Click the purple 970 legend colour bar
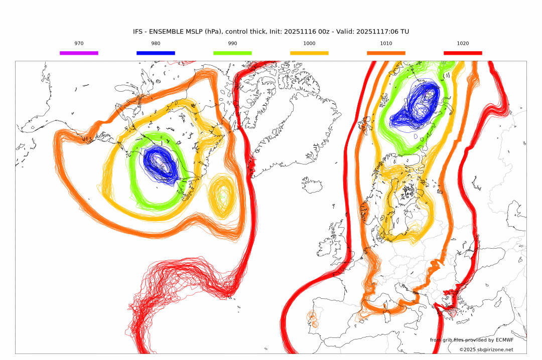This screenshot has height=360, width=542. [x=79, y=53]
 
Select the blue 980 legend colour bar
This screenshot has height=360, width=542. [x=156, y=53]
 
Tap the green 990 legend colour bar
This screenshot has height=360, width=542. [x=232, y=53]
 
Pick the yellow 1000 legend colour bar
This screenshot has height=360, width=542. [x=309, y=53]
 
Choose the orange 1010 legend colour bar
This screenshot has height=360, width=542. [x=386, y=53]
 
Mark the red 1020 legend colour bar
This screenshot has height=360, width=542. [x=463, y=53]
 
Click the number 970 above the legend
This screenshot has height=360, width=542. [x=79, y=44]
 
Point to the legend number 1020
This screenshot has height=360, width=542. [x=463, y=44]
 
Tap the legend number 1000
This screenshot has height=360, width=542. [x=309, y=44]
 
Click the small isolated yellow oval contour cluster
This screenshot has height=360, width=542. [x=221, y=197]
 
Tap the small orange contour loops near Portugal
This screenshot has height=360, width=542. [x=313, y=319]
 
